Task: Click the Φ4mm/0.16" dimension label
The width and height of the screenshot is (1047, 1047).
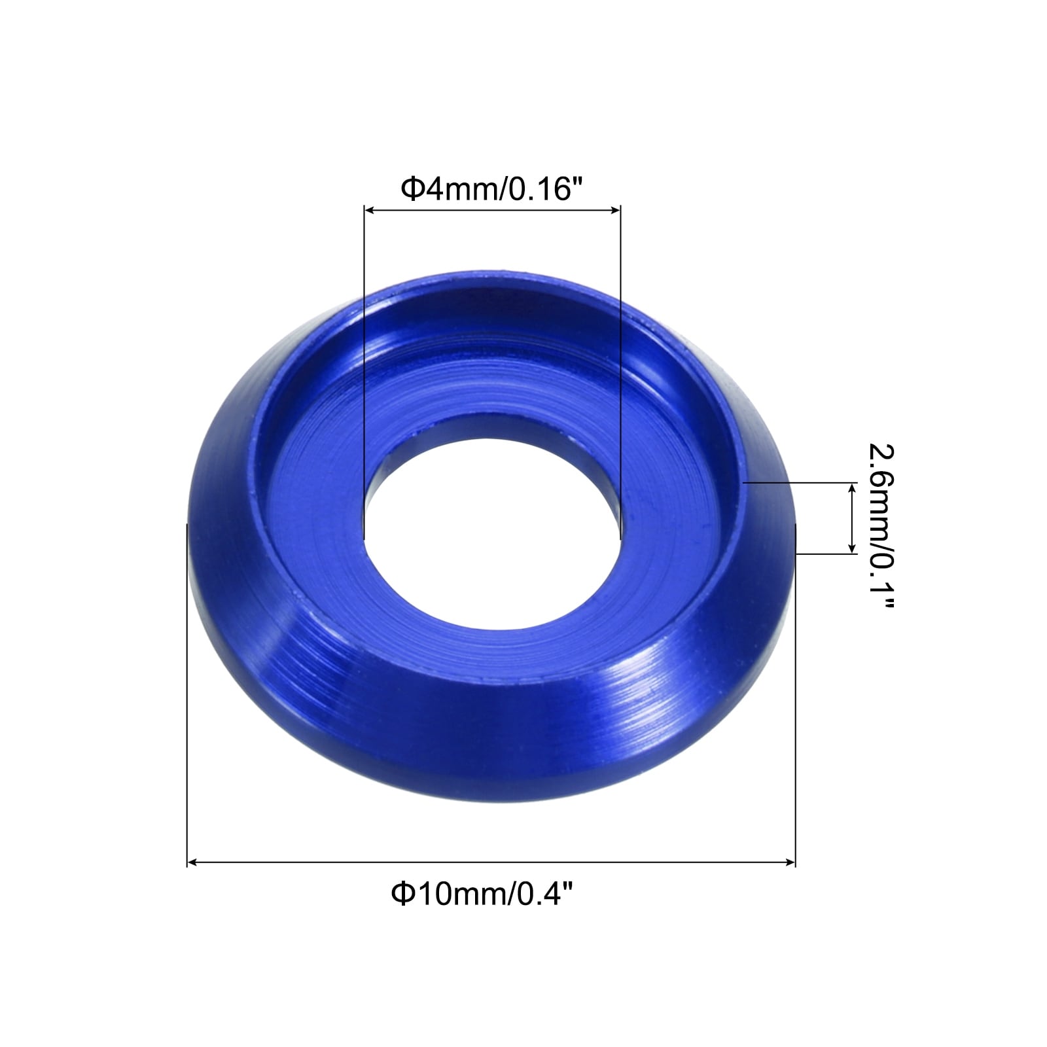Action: [491, 190]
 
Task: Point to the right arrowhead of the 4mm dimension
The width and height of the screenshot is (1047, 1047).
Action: [614, 210]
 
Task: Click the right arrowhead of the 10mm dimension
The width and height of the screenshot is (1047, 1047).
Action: [789, 863]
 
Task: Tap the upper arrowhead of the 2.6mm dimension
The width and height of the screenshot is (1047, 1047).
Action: [851, 489]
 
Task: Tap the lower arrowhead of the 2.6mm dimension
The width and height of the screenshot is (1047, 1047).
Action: [851, 547]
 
